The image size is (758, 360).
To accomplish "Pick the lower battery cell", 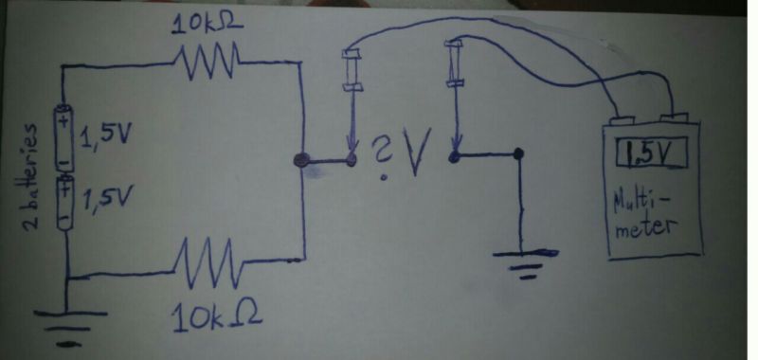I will click(x=64, y=201).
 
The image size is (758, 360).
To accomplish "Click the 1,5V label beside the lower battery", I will click(x=106, y=199).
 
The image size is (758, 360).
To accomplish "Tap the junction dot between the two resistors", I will click(x=302, y=162).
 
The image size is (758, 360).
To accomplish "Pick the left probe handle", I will click(x=352, y=69).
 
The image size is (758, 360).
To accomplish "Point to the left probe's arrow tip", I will click(x=352, y=153).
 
